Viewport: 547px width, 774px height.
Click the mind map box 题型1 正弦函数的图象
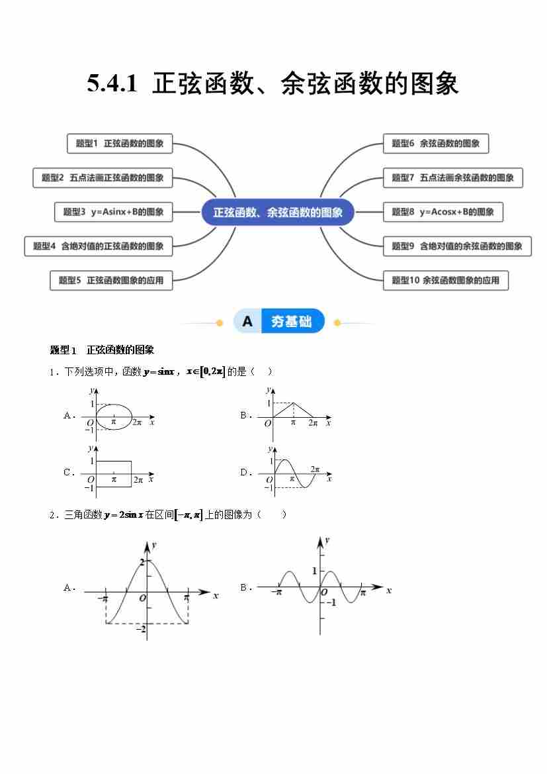(x=120, y=143)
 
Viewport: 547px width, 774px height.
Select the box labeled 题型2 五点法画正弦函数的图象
(x=103, y=177)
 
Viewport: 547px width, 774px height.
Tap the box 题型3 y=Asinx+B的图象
(x=113, y=212)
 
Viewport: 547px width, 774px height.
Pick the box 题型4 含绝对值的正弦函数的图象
(x=99, y=246)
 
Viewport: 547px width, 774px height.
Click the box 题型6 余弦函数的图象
(x=435, y=143)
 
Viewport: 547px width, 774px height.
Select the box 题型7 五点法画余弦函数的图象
(x=452, y=177)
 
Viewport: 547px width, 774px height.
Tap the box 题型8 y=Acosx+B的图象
(x=442, y=212)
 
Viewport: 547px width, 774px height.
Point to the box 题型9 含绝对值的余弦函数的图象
(x=457, y=246)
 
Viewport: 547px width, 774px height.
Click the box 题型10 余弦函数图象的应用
(x=445, y=280)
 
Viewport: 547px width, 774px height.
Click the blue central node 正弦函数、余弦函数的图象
(x=278, y=213)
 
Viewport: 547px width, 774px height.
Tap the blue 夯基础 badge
(x=279, y=322)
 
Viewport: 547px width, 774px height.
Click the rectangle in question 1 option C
(x=114, y=473)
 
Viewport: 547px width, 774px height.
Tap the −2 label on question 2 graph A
(x=140, y=629)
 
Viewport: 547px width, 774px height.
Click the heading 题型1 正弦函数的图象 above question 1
(x=102, y=350)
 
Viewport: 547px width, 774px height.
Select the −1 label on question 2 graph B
(x=331, y=603)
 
